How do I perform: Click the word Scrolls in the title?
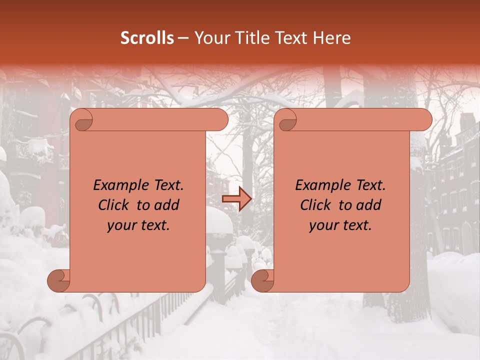click(x=147, y=38)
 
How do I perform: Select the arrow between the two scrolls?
click(x=236, y=199)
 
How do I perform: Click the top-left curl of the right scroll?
click(x=287, y=120)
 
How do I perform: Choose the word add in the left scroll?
click(x=167, y=205)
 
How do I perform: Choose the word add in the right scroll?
click(x=369, y=205)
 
